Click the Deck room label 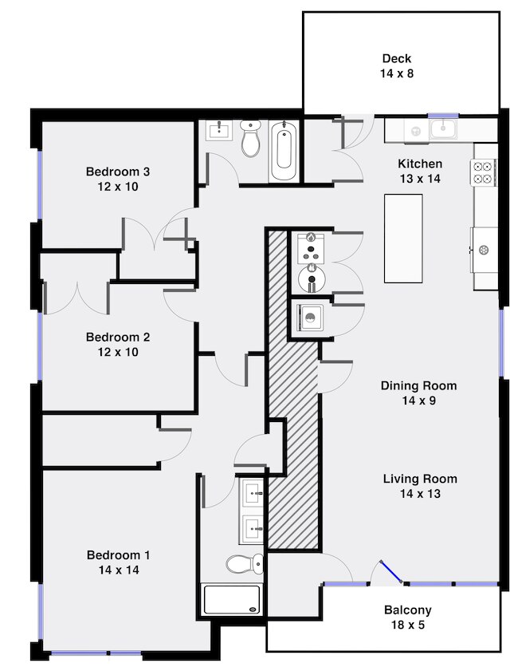click(397, 58)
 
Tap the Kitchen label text click(420, 164)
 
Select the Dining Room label click(418, 386)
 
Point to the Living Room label click(420, 479)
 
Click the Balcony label click(407, 610)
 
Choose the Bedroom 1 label click(118, 555)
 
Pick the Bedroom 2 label click(118, 337)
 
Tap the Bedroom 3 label click(118, 172)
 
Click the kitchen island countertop click(403, 239)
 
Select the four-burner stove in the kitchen click(483, 172)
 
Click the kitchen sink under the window click(443, 129)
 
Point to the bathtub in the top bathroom click(284, 151)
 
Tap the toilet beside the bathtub click(250, 137)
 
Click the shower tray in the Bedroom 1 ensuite click(231, 600)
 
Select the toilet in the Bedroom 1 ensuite click(245, 563)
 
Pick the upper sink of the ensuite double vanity click(252, 492)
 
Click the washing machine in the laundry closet click(310, 318)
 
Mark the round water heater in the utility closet click(312, 278)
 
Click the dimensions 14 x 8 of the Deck click(397, 73)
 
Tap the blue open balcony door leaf click(391, 572)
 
